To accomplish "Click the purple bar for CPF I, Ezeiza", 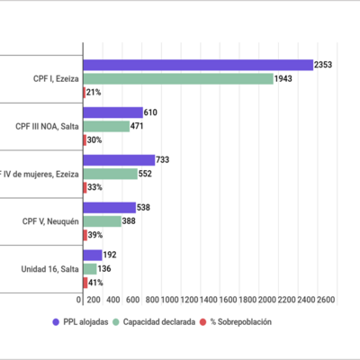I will click(x=198, y=65).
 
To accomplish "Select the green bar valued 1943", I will click(x=177, y=78).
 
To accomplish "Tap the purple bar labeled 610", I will click(x=112, y=112).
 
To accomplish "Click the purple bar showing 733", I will click(x=119, y=160).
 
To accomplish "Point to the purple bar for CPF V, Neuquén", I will click(x=109, y=208).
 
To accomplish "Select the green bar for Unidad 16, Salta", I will click(x=90, y=268).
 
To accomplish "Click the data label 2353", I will click(x=326, y=65).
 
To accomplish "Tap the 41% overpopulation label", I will click(x=95, y=282).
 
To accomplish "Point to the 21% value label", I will click(x=94, y=92).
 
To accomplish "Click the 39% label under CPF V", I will click(x=95, y=234).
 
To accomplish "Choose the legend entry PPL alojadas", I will click(x=88, y=321).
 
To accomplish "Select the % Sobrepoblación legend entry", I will click(x=240, y=321).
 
